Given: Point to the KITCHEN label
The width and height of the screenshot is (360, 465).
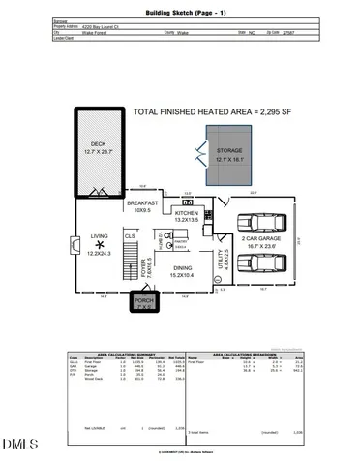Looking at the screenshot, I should [x=186, y=215].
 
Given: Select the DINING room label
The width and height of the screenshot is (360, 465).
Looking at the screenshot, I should [x=182, y=272].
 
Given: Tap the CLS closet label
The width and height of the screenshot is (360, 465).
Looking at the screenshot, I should [x=129, y=235].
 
